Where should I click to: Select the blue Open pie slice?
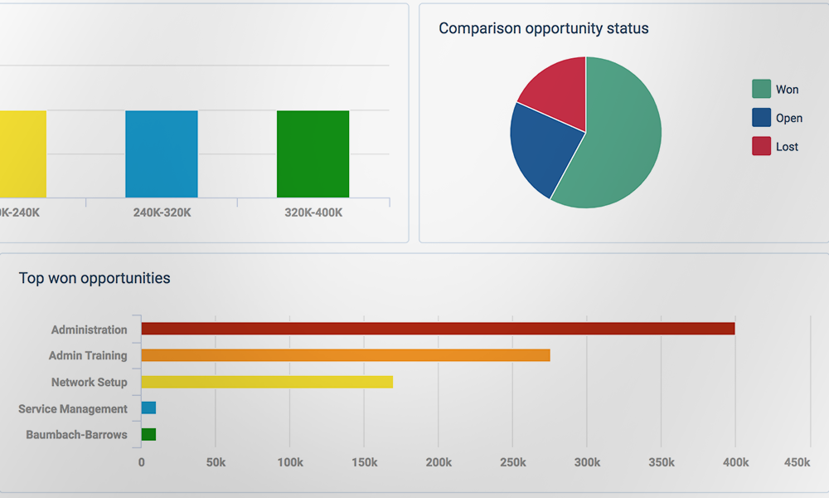(543, 149)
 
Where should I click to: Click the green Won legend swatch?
(761, 89)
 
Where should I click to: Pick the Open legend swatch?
(761, 118)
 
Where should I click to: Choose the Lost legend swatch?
(761, 146)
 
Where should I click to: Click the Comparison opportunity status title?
(543, 28)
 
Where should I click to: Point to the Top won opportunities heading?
(95, 278)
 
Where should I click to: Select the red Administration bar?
(438, 329)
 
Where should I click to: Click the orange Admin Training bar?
(345, 355)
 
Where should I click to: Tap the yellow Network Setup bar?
(267, 382)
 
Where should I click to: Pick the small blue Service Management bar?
(148, 408)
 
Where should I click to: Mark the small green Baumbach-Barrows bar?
(148, 434)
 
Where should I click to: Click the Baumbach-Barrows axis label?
(76, 435)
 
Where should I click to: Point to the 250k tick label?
(513, 462)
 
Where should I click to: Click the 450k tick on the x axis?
(797, 462)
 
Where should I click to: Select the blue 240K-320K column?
(162, 154)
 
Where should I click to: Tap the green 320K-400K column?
(313, 154)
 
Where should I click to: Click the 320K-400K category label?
(313, 212)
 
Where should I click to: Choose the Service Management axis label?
(73, 409)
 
